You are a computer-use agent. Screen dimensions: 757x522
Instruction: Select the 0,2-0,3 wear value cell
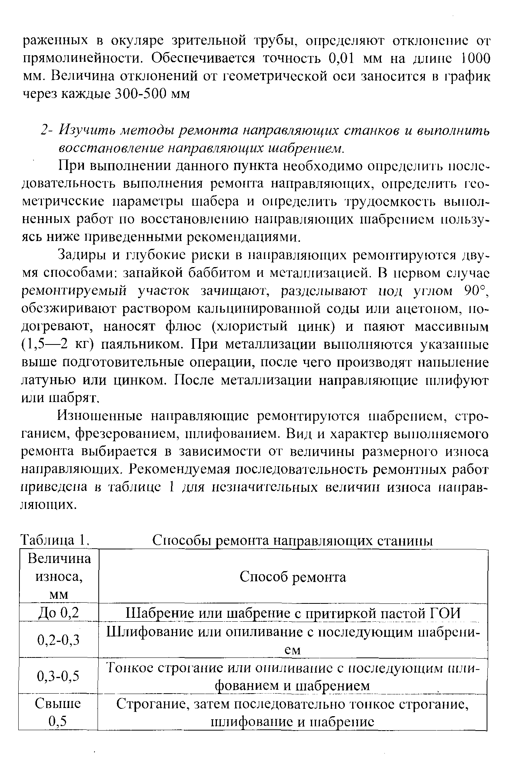click(x=59, y=639)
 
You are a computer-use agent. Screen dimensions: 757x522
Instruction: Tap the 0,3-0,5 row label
click(x=59, y=676)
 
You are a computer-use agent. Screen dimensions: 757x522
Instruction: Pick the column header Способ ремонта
click(x=293, y=577)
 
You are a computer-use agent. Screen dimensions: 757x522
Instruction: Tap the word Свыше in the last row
click(x=58, y=703)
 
